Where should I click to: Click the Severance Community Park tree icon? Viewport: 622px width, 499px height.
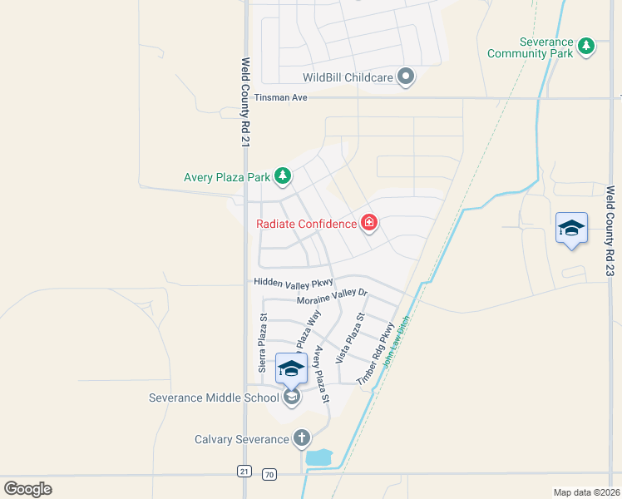click(587, 47)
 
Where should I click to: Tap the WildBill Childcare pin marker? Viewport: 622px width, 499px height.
click(406, 77)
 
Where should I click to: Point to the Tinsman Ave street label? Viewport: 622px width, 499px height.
click(281, 98)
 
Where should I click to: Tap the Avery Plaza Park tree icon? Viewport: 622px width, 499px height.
click(284, 175)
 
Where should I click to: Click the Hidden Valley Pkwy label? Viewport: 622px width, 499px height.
click(294, 283)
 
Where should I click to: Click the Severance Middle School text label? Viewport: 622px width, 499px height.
click(214, 398)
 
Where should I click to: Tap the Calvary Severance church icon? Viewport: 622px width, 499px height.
click(302, 438)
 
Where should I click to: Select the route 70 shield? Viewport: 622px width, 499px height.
click(268, 473)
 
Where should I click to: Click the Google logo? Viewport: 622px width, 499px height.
click(27, 489)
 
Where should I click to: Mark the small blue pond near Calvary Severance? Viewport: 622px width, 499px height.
click(318, 457)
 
